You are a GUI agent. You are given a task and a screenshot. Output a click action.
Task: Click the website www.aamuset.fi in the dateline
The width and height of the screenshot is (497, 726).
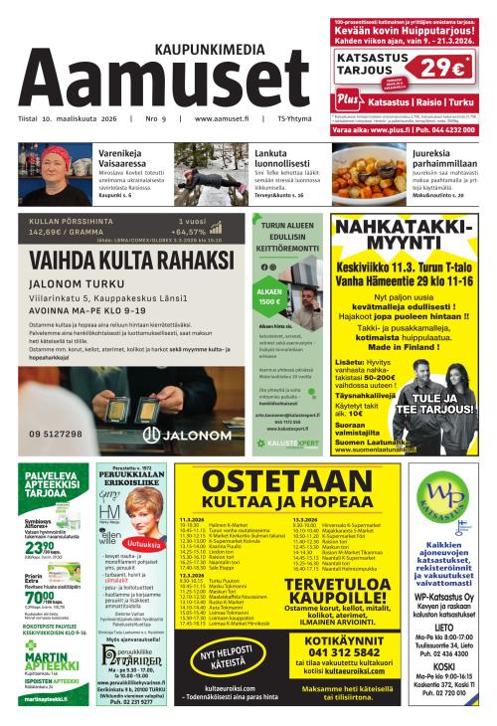click(214, 120)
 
